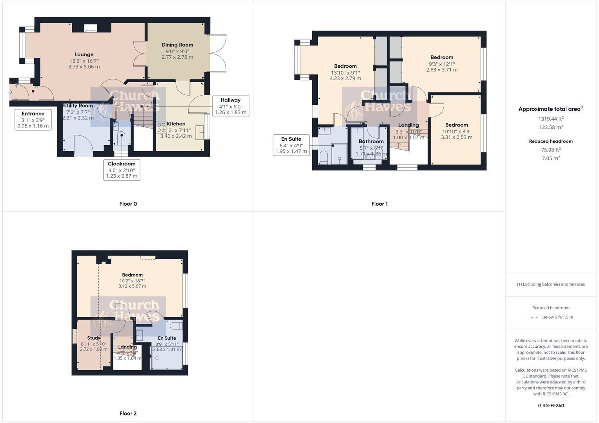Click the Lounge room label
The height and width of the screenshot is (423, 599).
84,55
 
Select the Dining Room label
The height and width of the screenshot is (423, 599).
177,45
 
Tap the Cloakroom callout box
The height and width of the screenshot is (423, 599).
122,170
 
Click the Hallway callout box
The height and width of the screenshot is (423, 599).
230,106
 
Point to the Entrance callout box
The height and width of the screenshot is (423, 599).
33,119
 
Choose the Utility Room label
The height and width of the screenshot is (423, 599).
78,106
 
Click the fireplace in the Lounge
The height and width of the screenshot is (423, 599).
91,28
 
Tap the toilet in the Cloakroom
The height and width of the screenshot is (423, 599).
121,138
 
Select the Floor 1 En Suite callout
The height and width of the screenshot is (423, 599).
291,145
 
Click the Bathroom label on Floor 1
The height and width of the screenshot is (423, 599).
371,141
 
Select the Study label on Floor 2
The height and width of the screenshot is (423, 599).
94,338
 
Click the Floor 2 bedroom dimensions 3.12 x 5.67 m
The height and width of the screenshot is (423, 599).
132,286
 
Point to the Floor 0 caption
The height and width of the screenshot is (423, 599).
128,204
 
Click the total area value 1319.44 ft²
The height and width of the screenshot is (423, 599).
551,119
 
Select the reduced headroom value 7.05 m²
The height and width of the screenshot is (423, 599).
551,158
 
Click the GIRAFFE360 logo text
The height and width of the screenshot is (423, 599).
551,406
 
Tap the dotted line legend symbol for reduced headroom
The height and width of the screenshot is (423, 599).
534,317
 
